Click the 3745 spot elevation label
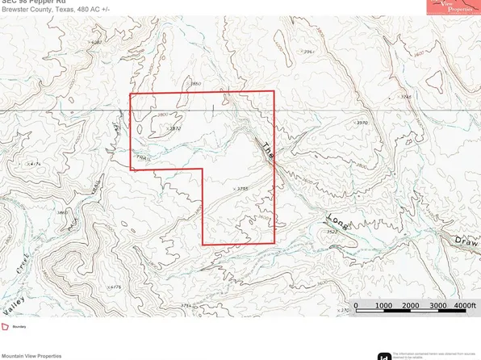coord(407,97)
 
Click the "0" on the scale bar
coord(356,306)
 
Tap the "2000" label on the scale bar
coord(409,306)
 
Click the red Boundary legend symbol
coord(6,326)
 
